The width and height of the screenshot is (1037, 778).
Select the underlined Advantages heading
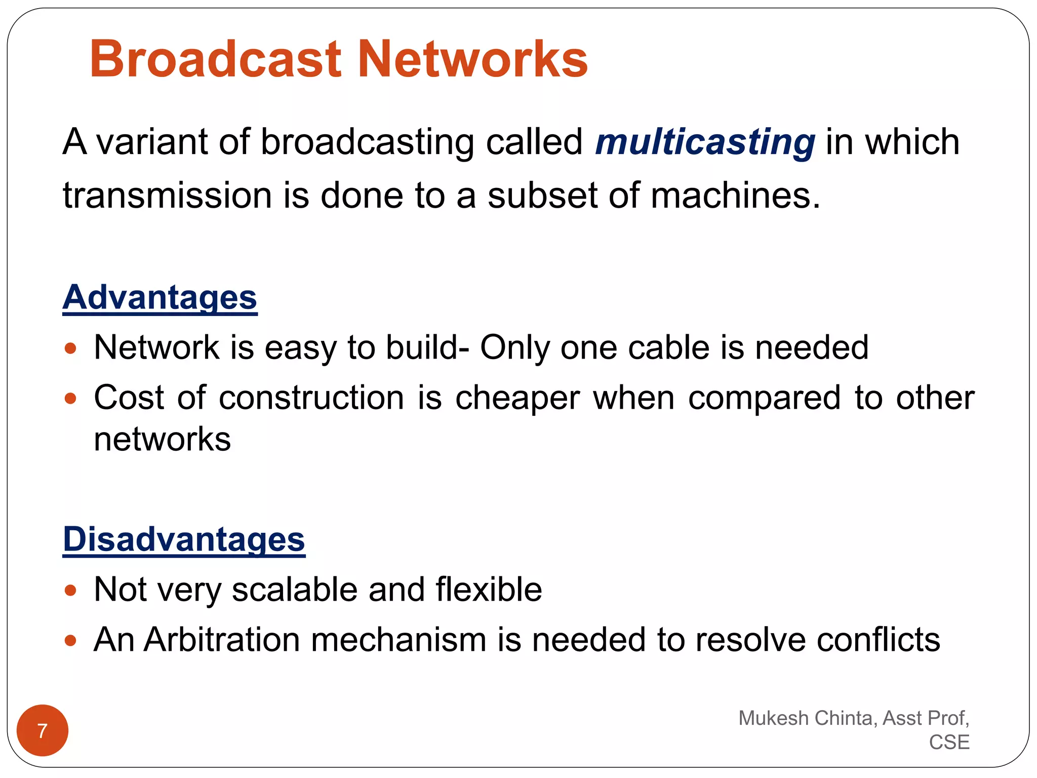pyautogui.click(x=160, y=297)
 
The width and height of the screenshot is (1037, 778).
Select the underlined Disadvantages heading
pyautogui.click(x=184, y=539)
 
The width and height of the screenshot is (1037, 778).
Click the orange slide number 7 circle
pyautogui.click(x=43, y=730)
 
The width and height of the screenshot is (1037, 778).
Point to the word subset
pyautogui.click(x=542, y=196)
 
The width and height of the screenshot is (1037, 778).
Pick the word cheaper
pyautogui.click(x=517, y=398)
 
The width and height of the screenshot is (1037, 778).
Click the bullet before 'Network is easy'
pyautogui.click(x=70, y=348)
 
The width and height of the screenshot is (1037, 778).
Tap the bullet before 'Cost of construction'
pyautogui.click(x=70, y=399)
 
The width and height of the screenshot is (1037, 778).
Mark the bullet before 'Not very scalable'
pyautogui.click(x=70, y=591)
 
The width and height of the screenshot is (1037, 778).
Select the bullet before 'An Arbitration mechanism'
pyautogui.click(x=70, y=641)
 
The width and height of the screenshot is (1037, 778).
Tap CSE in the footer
pyautogui.click(x=949, y=742)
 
